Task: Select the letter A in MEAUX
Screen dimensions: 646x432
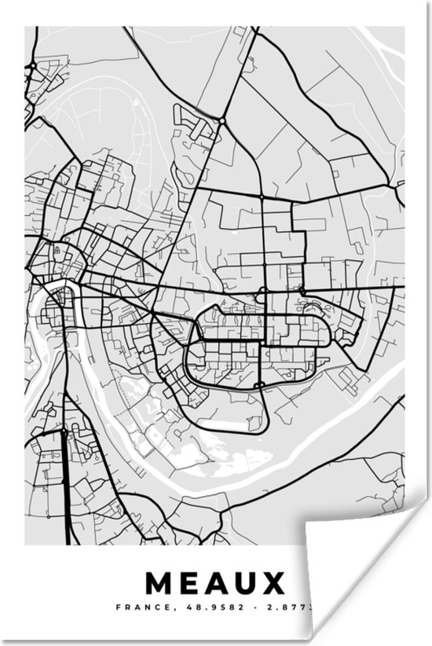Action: (229, 583)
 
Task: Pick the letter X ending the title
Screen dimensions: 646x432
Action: (276, 583)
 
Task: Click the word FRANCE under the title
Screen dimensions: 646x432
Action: (137, 607)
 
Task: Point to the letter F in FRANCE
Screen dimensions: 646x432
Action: (119, 607)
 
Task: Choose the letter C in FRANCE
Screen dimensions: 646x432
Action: (150, 607)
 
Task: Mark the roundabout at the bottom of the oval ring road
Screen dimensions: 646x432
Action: (258, 385)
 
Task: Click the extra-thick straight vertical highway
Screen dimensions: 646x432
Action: (64, 479)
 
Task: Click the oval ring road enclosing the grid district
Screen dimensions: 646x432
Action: (187, 369)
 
